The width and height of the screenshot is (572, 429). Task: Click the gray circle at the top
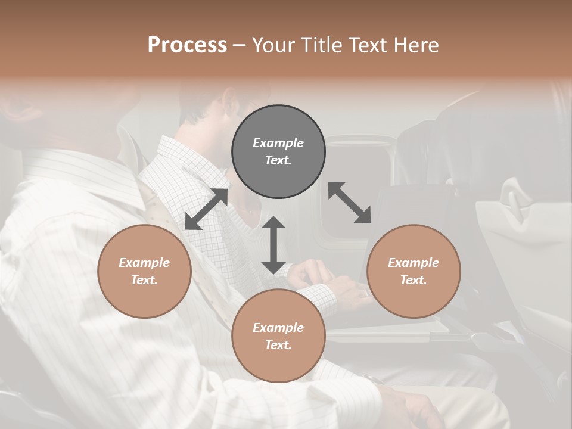(x=278, y=152)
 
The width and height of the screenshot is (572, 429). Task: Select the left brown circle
(x=144, y=271)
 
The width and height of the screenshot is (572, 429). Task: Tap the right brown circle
(x=414, y=271)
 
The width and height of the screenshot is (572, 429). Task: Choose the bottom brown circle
(x=278, y=336)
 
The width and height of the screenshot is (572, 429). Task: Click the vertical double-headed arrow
(x=273, y=245)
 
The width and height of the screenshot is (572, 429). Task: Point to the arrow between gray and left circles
(x=206, y=209)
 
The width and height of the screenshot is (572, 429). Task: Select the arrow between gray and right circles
(x=350, y=203)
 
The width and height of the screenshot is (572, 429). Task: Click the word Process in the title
(x=187, y=45)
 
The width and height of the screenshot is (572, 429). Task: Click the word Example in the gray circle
(x=278, y=143)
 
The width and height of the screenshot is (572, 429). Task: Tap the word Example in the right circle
(x=414, y=263)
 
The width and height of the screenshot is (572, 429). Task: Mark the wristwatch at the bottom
(x=374, y=379)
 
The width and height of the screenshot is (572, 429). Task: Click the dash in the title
(x=240, y=45)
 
